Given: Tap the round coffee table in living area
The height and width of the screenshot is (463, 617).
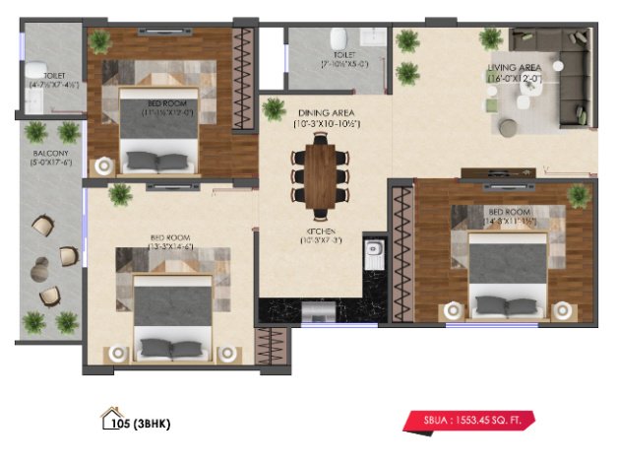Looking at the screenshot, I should coord(509,127).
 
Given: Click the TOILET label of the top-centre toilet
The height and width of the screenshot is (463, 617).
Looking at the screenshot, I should coord(343,55).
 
